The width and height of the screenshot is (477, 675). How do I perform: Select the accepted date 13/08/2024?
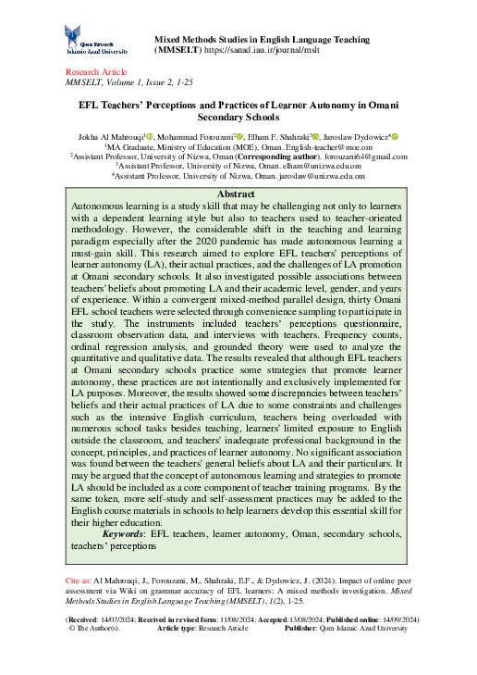click(x=291, y=619)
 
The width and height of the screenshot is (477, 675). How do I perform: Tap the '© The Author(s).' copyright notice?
click(x=95, y=628)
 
